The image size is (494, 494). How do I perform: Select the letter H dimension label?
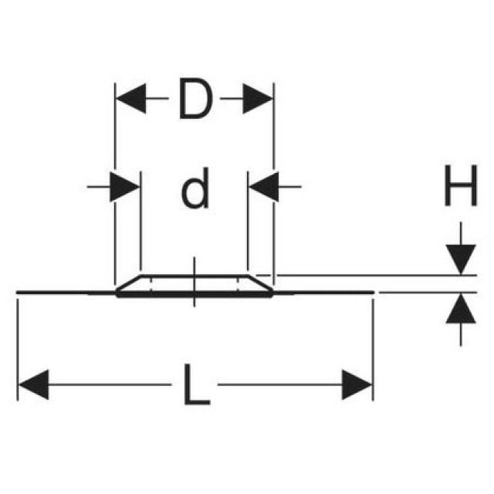click(x=460, y=188)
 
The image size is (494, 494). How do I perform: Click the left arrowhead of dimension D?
click(x=130, y=99)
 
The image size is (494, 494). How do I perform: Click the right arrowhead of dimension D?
click(x=258, y=99)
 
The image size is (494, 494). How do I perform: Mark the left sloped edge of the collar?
click(x=128, y=283)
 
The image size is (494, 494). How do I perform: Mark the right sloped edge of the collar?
click(x=259, y=283)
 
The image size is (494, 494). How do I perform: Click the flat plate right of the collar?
click(x=324, y=293)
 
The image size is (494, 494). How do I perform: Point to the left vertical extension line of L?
click(x=18, y=347)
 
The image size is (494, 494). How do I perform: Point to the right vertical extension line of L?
click(x=373, y=347)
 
